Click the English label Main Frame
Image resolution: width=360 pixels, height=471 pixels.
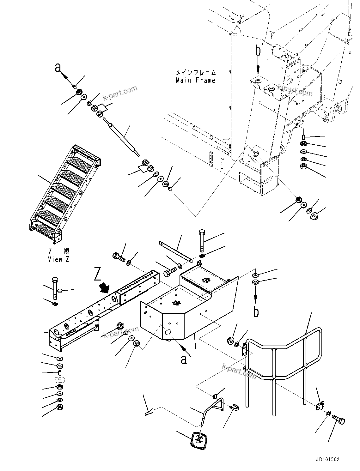point(195,80)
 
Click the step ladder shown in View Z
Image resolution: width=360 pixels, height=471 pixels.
point(65,193)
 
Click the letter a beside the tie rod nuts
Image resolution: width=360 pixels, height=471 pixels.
point(58,67)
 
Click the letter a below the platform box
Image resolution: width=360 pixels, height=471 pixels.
point(184,359)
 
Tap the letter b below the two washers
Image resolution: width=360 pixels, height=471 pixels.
point(256,311)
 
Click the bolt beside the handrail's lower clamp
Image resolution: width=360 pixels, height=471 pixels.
point(339,420)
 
